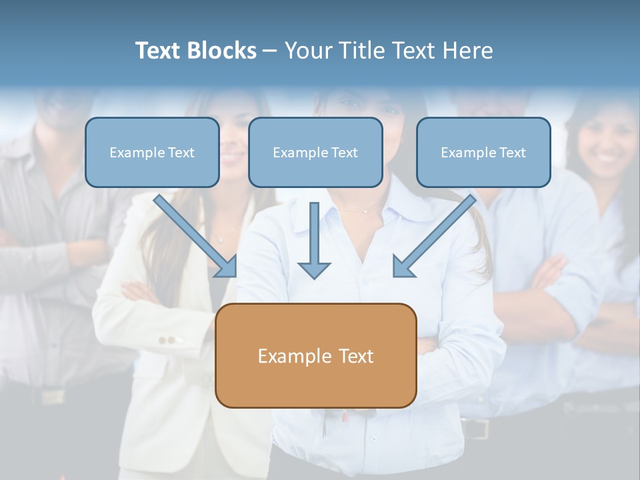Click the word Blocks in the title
(x=221, y=51)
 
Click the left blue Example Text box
(x=152, y=153)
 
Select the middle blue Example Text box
(x=315, y=153)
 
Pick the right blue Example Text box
(x=483, y=153)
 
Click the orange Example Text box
(x=315, y=356)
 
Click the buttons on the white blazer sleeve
(x=171, y=340)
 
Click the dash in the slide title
(x=270, y=51)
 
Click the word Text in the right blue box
(x=513, y=153)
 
